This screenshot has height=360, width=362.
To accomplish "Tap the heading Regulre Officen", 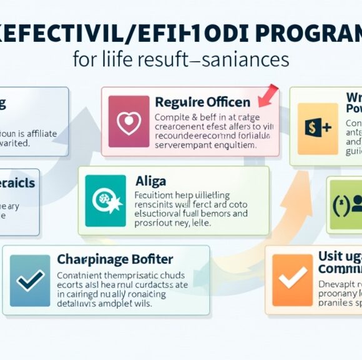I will click(x=202, y=102).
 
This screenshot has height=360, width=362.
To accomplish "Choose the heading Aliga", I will click(x=150, y=181).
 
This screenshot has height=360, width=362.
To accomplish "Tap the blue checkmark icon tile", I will click(x=30, y=279).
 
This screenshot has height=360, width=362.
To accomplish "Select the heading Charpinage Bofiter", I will click(x=115, y=259).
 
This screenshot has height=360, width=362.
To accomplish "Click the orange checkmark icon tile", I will click(x=293, y=279).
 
